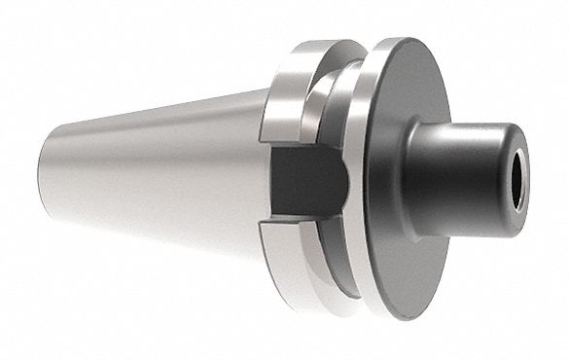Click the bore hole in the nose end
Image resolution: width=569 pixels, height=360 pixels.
tap(516, 177)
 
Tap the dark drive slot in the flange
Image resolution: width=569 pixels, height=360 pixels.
tap(306, 186)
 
